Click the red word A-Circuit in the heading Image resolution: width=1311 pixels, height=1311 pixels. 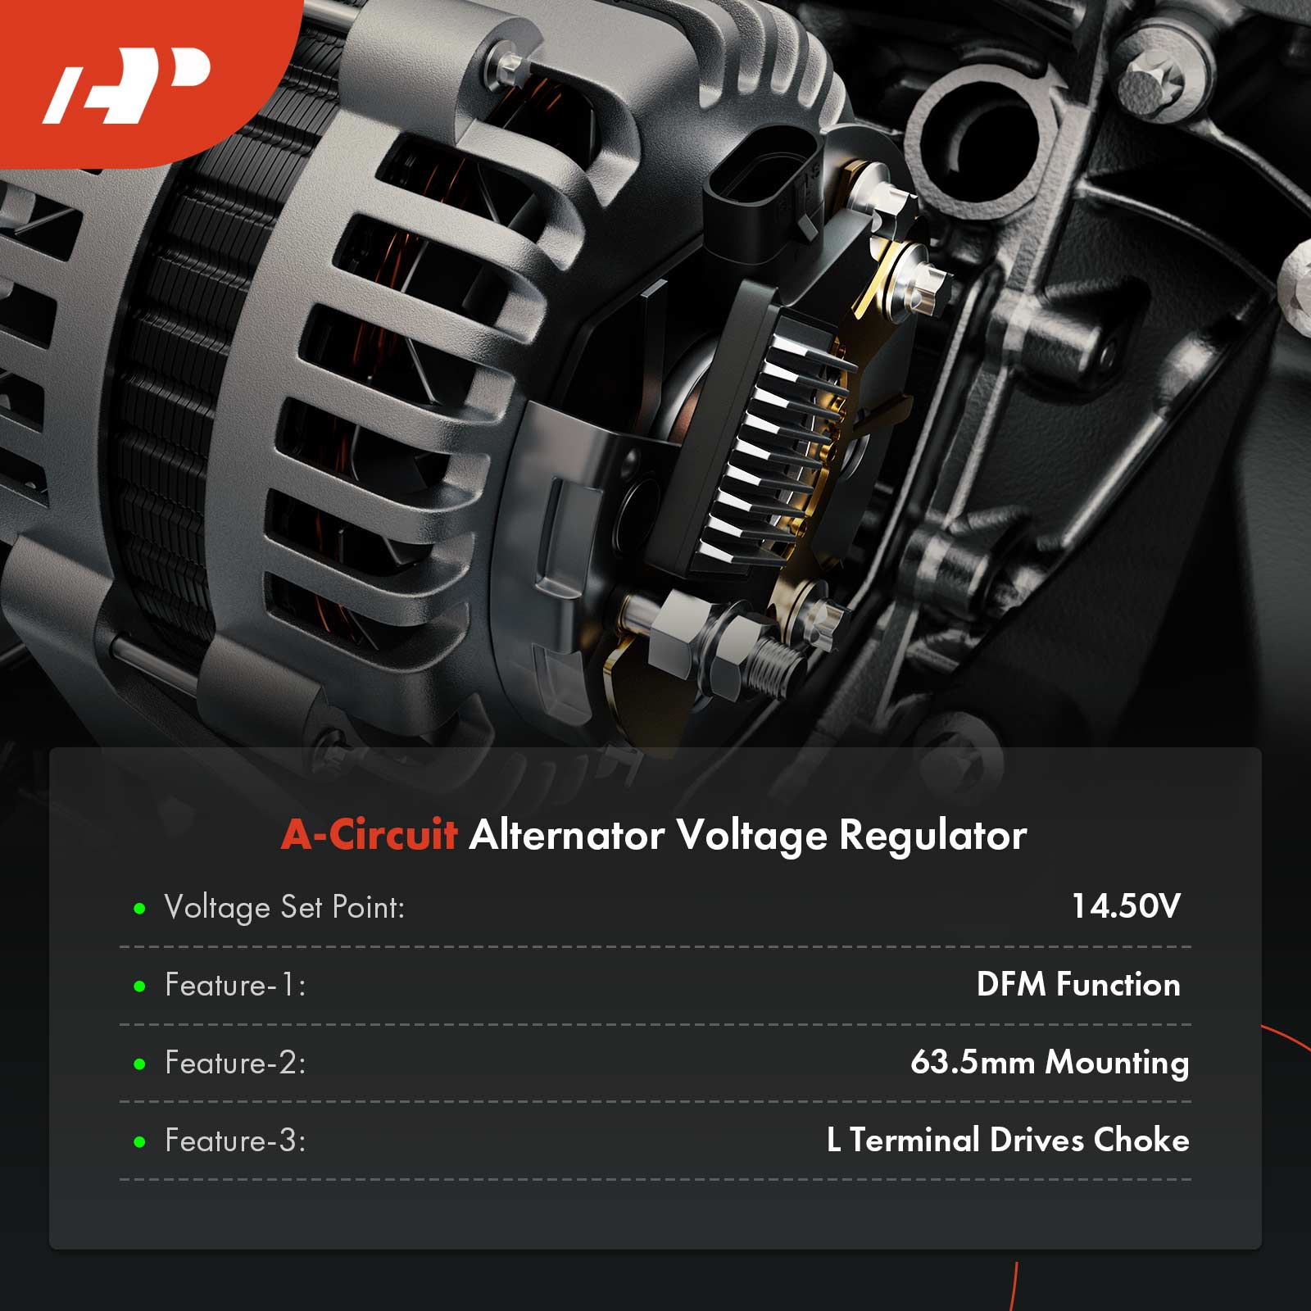click(369, 835)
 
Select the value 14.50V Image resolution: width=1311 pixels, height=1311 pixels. click(1126, 906)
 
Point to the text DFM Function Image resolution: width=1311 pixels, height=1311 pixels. click(1078, 984)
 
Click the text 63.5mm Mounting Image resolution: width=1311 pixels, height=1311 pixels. click(1050, 1063)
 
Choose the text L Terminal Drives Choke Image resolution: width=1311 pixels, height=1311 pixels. click(1008, 1140)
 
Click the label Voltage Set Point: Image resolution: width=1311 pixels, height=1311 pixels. click(285, 908)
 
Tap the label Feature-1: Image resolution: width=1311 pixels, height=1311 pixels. click(235, 985)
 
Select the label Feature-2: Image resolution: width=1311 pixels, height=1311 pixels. click(235, 1063)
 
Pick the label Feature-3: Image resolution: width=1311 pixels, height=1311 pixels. click(235, 1141)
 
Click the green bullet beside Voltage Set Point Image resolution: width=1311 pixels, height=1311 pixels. click(139, 909)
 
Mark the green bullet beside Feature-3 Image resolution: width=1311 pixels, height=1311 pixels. click(139, 1141)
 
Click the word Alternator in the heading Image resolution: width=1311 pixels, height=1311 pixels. click(566, 836)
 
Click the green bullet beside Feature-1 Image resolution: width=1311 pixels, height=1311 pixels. click(139, 986)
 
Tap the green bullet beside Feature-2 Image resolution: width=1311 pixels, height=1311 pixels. click(139, 1064)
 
